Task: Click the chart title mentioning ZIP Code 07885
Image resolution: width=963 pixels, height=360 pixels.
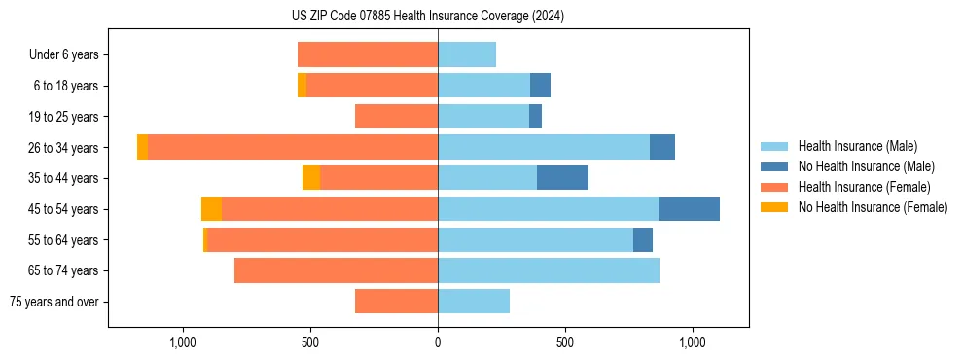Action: point(428,16)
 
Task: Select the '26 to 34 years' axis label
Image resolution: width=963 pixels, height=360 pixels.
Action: point(64,148)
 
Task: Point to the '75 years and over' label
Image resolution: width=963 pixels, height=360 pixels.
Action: point(54,302)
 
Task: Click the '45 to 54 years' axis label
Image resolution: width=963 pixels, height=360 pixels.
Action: point(64,209)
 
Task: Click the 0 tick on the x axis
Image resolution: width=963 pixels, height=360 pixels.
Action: point(438,342)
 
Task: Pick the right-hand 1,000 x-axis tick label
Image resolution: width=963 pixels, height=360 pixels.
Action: point(693,342)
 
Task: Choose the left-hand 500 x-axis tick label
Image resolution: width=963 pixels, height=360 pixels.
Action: point(310,342)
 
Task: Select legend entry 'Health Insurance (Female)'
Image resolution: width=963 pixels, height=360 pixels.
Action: point(864,187)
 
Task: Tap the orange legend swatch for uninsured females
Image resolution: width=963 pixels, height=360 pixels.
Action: point(774,207)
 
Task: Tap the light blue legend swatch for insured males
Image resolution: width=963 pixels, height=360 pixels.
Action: point(774,146)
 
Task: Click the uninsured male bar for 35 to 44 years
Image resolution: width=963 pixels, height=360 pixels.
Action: point(562,178)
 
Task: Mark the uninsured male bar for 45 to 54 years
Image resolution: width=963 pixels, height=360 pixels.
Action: point(689,209)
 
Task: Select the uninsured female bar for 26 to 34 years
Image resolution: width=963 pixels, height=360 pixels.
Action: point(142,148)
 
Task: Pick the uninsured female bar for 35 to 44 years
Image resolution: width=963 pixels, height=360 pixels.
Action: point(311,178)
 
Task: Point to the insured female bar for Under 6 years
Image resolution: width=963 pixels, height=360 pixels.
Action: point(368,55)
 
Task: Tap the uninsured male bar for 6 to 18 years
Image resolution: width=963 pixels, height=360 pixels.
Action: point(540,86)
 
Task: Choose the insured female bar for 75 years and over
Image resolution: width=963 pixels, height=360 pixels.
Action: point(396,302)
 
